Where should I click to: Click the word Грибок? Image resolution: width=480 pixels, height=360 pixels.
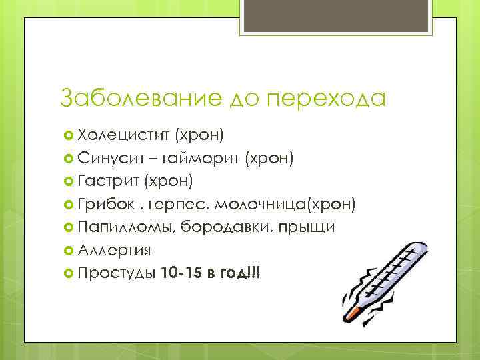[x=102, y=204]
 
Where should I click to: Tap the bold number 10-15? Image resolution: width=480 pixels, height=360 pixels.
[x=181, y=273]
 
